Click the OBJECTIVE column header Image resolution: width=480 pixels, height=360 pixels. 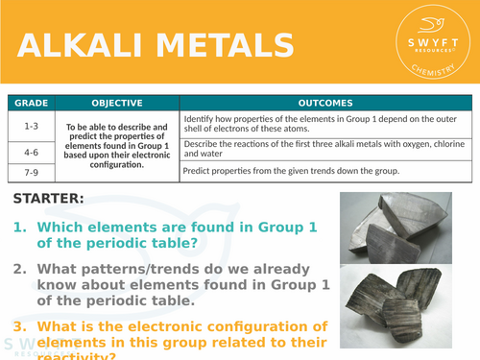[117, 103]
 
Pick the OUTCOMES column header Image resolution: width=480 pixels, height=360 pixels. [325, 103]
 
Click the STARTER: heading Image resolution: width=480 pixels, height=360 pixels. [50, 199]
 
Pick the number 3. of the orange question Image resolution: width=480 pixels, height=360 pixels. [20, 326]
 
